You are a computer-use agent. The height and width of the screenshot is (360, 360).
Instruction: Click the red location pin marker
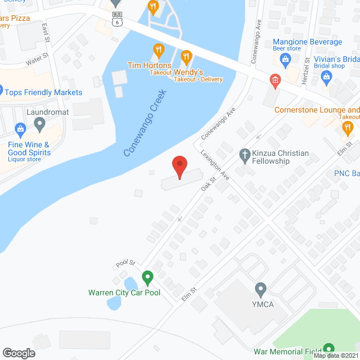179,166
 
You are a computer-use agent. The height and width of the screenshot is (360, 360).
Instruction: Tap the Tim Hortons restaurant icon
159,51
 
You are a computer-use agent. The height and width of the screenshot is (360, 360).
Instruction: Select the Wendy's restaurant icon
187,56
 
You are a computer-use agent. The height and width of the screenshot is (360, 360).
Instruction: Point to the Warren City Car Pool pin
147,277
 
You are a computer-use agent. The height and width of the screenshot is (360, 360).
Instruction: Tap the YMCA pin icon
260,289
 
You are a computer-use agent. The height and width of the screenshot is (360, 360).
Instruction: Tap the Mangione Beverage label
307,42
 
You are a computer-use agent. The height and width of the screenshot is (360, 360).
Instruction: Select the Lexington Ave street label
215,165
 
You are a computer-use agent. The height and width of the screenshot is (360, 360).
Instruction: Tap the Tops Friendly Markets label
44,92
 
